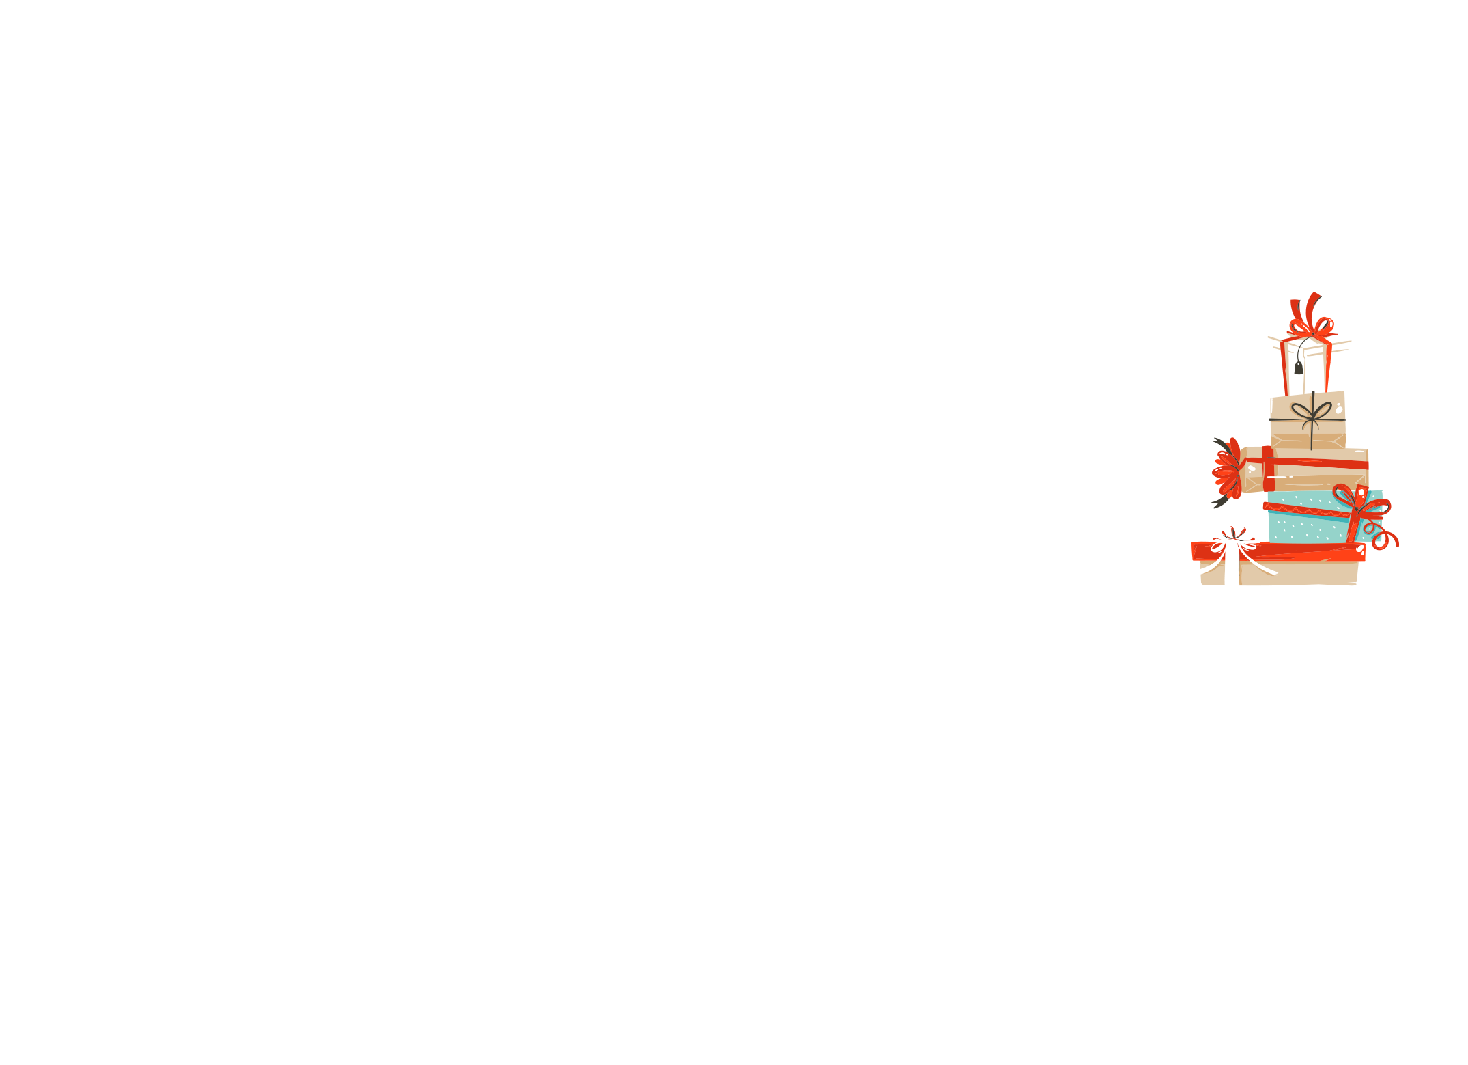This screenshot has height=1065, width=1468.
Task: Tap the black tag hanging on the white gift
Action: click(1298, 368)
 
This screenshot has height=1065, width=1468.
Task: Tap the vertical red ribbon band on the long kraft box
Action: click(1268, 469)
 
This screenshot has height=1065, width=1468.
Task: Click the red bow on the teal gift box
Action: click(1359, 502)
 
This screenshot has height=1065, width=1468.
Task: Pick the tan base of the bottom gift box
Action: click(1297, 574)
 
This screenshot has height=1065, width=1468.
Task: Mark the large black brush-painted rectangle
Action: click(888, 307)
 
